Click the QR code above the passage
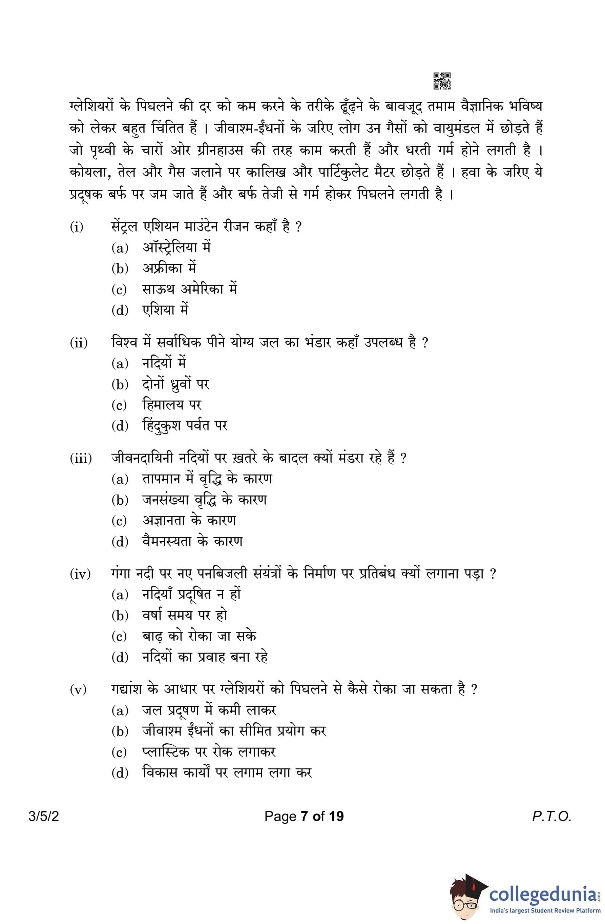tap(442, 81)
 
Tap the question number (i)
tap(77, 226)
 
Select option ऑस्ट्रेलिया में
tap(176, 247)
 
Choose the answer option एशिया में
tap(165, 310)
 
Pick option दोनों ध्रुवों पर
tap(176, 384)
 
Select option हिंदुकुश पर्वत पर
tap(185, 426)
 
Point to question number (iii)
tap(81, 458)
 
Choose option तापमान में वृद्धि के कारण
tap(207, 479)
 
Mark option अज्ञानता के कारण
tap(189, 521)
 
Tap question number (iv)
tap(80, 574)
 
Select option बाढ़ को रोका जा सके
tap(199, 636)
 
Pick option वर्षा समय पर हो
tap(185, 615)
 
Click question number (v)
tap(78, 689)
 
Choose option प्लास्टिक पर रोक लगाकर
tap(209, 752)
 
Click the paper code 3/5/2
tap(43, 816)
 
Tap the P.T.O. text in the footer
tap(551, 816)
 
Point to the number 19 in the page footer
tap(336, 816)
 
